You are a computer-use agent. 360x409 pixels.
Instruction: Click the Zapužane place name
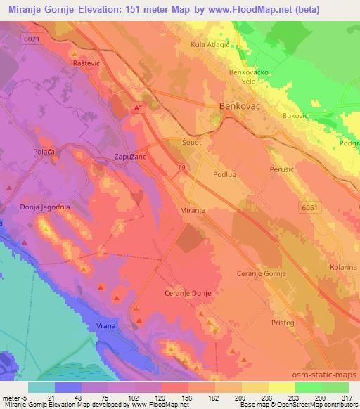click(x=131, y=158)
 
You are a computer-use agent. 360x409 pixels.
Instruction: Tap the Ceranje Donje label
click(x=187, y=292)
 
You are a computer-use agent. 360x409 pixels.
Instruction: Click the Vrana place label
click(x=107, y=325)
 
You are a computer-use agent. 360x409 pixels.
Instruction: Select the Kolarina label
click(x=342, y=268)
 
